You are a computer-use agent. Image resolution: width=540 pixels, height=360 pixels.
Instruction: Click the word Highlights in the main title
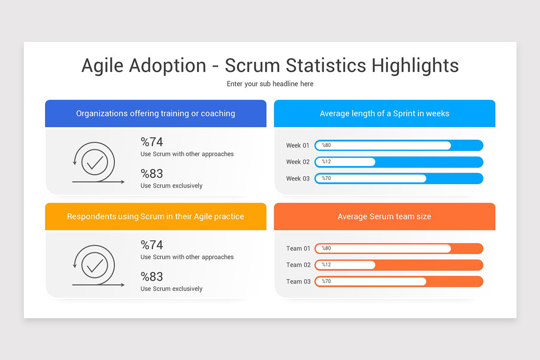(415, 66)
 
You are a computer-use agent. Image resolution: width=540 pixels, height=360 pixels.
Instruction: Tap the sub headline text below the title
(270, 84)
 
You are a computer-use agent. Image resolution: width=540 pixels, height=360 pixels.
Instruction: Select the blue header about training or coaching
(156, 113)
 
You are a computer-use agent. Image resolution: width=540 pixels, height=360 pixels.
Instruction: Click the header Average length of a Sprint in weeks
(384, 113)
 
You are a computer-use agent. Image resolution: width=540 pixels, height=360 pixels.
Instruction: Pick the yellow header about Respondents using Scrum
(156, 216)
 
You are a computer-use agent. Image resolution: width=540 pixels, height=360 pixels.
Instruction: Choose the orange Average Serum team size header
(384, 216)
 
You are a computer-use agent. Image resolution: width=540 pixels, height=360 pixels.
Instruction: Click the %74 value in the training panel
(152, 142)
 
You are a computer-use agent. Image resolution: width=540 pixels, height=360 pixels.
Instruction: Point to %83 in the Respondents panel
(152, 276)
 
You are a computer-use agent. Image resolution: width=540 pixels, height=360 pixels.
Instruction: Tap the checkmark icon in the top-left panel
(95, 162)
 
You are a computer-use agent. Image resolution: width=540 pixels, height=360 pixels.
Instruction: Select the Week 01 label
(297, 145)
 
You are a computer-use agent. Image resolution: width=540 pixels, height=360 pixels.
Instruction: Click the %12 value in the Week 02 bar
(326, 162)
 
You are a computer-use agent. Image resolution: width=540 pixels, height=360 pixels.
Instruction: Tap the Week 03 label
(297, 179)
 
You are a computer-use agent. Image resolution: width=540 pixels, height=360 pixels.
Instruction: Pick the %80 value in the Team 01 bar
(326, 248)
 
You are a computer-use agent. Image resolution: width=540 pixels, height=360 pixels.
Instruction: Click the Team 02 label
(298, 265)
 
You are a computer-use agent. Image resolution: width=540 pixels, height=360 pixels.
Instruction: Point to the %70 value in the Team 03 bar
(326, 282)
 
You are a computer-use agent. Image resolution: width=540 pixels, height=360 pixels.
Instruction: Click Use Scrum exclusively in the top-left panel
(171, 186)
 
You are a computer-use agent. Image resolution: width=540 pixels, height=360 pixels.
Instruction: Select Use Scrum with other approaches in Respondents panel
(187, 257)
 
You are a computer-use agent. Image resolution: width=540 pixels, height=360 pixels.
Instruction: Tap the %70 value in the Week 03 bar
(326, 179)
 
